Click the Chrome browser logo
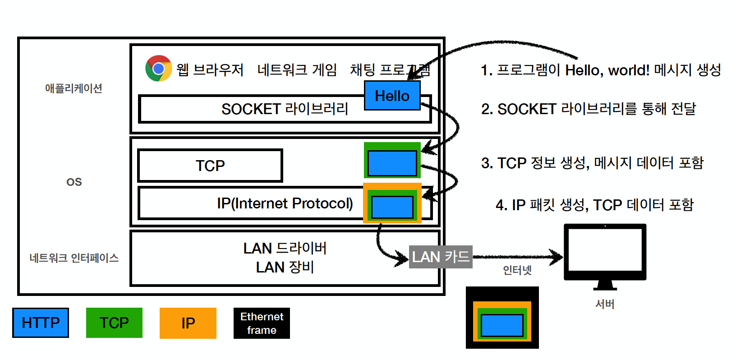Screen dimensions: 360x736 158,68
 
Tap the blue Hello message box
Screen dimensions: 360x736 392,96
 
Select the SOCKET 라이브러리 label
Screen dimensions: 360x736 285,109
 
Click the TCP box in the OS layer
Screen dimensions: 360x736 210,166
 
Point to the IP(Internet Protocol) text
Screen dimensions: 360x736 285,203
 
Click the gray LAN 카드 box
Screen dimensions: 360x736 441,257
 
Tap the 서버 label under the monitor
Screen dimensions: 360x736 605,304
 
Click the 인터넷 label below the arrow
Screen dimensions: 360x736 517,270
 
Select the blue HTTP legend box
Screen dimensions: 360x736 41,323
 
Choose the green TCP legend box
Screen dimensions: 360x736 114,323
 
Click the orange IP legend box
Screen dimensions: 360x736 188,323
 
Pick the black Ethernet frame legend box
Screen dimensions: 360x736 262,323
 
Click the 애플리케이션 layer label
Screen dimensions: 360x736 74,88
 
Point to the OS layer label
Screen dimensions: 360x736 74,182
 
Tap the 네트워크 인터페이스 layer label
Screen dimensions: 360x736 74,258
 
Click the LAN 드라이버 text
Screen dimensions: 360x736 285,248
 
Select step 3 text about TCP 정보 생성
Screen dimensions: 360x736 592,163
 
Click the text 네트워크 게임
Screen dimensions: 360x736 297,70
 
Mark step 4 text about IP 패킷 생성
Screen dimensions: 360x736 594,205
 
